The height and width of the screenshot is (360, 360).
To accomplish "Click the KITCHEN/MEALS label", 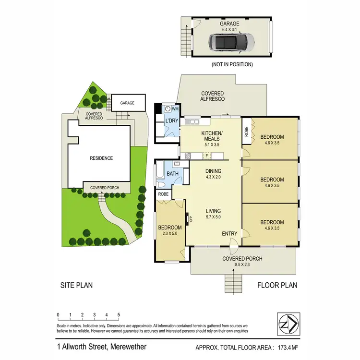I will [211, 136].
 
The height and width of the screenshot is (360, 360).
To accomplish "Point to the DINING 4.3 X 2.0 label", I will [214, 174].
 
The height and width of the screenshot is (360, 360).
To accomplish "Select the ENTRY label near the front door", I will [229, 234].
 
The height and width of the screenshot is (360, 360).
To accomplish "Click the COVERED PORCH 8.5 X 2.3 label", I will [242, 262].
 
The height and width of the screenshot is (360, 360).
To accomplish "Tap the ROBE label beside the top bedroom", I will [246, 131].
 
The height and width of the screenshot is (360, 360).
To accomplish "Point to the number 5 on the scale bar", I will [119, 315].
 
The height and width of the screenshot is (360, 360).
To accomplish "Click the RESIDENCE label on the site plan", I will [101, 158].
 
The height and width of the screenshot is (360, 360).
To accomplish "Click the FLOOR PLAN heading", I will [277, 285].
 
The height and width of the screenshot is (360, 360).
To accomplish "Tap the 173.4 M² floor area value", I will [287, 347].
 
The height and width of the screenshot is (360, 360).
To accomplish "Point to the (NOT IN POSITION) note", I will [232, 64].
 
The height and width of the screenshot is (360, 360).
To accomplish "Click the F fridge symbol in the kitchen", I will [206, 155].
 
